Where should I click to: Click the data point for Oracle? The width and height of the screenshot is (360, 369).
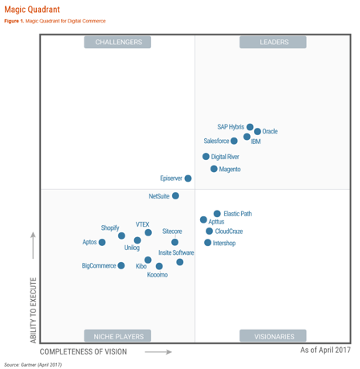pos(257,131)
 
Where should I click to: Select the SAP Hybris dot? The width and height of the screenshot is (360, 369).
pos(250,127)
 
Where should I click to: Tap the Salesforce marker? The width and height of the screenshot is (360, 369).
pos(234,141)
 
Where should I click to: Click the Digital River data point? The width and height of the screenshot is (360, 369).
pos(206,157)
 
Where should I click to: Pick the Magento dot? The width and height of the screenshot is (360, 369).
pos(214,169)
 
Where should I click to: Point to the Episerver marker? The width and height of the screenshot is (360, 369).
pos(188,178)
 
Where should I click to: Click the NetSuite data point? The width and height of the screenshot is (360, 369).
pos(176,195)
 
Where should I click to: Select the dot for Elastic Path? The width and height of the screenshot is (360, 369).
pos(217,214)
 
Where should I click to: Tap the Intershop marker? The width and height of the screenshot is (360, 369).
pos(207,243)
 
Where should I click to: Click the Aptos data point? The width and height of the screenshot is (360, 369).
pos(102,242)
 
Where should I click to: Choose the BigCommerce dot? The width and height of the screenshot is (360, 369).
pos(121,265)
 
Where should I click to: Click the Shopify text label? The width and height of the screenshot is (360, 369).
pos(110,228)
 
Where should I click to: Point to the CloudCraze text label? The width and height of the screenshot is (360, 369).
pos(229,232)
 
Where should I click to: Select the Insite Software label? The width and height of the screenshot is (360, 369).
pos(176,252)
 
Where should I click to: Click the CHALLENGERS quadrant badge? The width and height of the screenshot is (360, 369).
pos(118,42)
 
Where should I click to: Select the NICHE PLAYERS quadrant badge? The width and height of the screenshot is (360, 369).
pos(118,336)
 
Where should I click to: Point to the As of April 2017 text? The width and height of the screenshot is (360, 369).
pos(325,350)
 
